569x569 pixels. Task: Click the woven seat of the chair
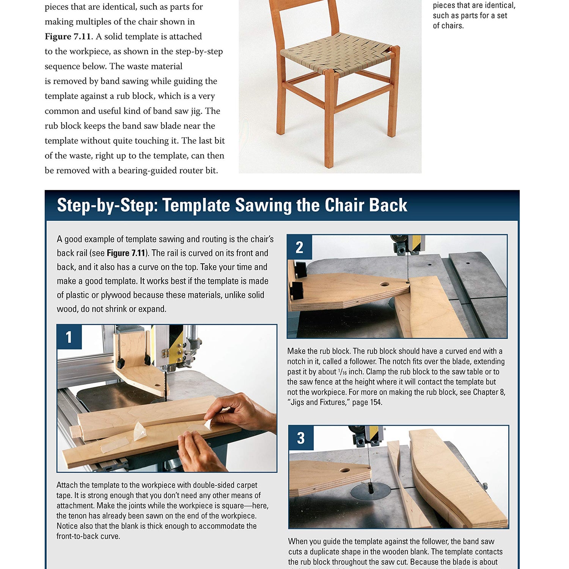tap(336, 53)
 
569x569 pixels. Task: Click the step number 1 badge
tap(69, 337)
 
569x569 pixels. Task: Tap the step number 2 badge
tap(299, 247)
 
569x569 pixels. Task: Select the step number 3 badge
tap(301, 438)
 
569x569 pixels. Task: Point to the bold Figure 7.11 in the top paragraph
tap(68, 36)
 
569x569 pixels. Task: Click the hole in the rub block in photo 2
tap(385, 284)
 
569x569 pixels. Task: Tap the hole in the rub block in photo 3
tap(345, 470)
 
